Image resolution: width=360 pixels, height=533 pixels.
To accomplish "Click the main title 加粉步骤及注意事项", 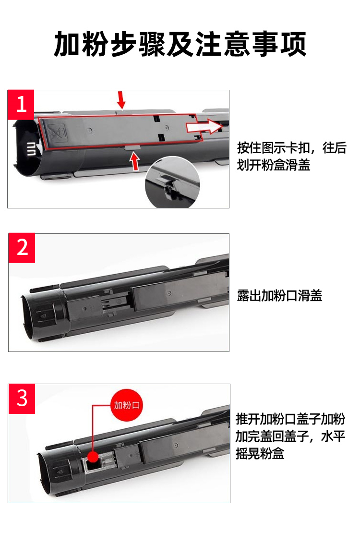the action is [x=180, y=44].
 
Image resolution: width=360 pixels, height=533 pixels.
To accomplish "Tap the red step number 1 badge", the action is [x=21, y=105].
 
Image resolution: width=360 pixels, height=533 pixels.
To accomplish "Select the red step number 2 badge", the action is [x=22, y=248].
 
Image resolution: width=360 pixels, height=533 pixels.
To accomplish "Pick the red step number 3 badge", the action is [x=22, y=399].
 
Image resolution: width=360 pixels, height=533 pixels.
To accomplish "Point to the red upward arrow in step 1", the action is [x=135, y=161].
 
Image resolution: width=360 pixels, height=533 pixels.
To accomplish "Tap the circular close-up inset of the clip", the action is [x=172, y=182].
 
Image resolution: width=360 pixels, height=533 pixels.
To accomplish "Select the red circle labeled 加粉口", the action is [x=127, y=405].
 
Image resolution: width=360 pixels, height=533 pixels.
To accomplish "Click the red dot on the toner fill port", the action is [x=93, y=457].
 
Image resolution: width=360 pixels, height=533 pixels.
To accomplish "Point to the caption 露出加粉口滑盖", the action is [x=279, y=295].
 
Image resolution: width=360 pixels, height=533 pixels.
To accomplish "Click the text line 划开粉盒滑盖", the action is [x=274, y=165].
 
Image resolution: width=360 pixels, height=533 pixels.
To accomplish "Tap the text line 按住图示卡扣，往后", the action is [x=292, y=148].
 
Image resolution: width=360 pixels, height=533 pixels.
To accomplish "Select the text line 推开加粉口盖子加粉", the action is [x=291, y=419].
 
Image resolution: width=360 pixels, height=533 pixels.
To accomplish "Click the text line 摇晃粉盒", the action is [x=260, y=453].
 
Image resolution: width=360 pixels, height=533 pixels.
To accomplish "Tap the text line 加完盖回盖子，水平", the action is [x=291, y=436].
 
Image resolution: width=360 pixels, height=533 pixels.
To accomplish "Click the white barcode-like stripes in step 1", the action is [x=31, y=149].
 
